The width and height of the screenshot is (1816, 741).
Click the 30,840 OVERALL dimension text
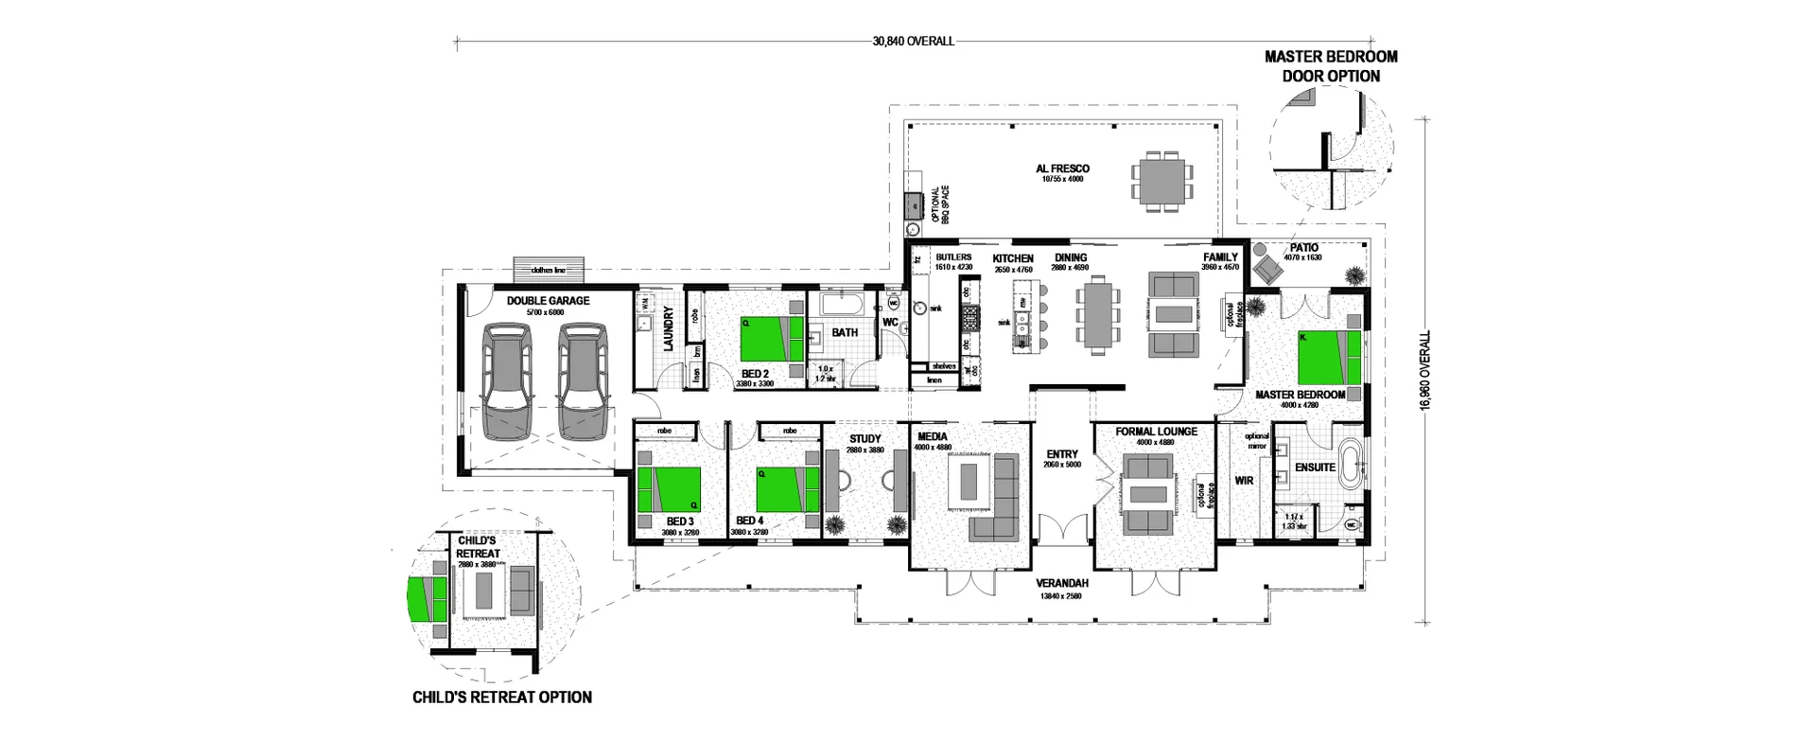pos(913,42)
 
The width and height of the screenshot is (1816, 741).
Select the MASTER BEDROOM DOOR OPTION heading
pos(1331,66)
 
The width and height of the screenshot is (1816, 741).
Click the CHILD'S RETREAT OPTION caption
pos(502,697)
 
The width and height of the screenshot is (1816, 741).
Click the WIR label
pos(1244,481)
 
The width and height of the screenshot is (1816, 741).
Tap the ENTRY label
pos(1061,454)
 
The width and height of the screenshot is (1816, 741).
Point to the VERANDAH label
pos(1061,584)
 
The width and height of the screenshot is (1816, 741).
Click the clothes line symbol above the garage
pos(550,269)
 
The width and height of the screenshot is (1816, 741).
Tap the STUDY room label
pos(864,439)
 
